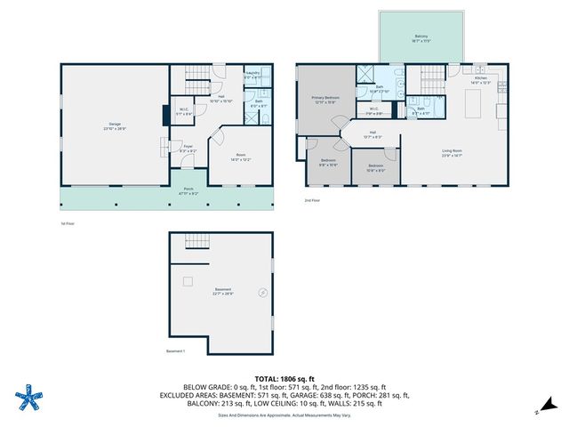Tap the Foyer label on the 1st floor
(188, 149)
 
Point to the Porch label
(188, 190)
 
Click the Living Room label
(453, 152)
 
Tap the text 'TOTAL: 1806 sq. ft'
(284, 378)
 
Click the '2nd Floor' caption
(311, 201)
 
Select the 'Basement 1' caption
(176, 351)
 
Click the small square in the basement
(188, 281)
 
